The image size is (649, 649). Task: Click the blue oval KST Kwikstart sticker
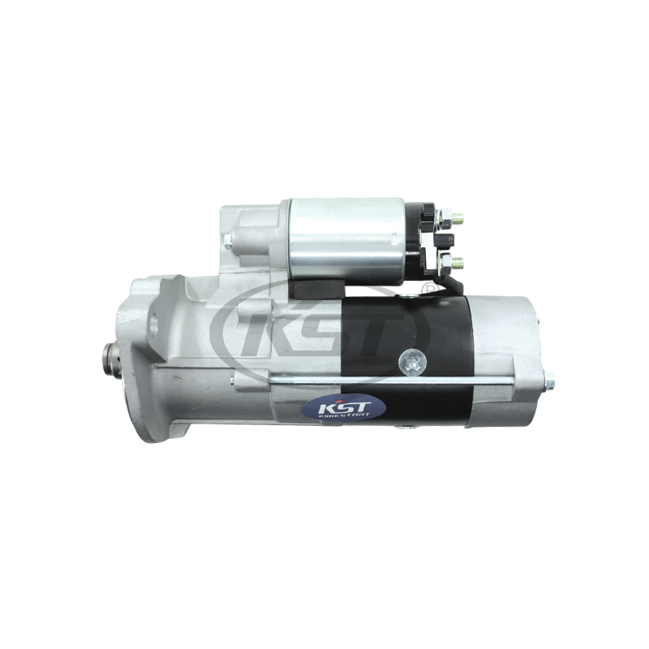point(343,408)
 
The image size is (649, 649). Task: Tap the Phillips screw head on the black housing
point(412,363)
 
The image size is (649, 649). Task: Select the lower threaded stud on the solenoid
point(458,261)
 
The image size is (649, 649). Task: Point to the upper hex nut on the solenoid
point(445,216)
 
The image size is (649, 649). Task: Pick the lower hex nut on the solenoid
point(445,261)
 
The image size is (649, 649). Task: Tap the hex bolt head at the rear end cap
point(549,380)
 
